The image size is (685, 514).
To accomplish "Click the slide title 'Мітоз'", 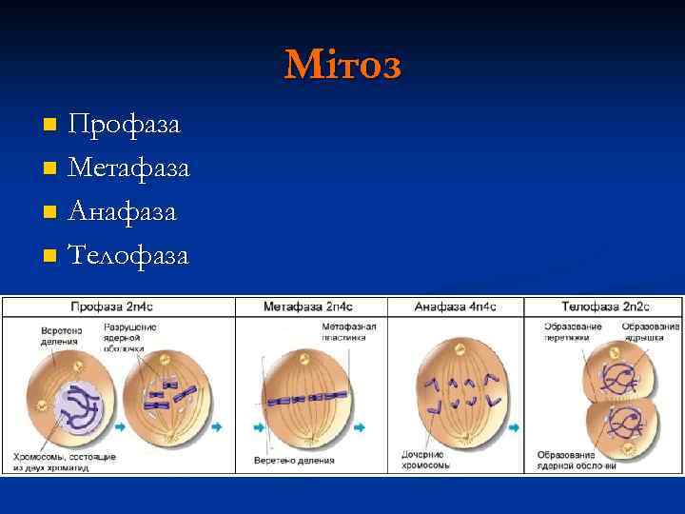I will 342,65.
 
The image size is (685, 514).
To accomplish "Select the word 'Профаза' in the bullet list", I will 125,125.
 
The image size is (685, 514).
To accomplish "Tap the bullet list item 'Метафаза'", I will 129,168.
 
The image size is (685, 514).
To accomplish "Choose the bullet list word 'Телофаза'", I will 129,255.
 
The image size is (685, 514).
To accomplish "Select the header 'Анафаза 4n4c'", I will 456,306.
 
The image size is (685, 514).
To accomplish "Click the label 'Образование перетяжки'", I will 574,331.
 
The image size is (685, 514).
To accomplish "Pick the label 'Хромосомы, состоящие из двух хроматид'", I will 64,462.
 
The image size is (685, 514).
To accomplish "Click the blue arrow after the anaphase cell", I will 515,427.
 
